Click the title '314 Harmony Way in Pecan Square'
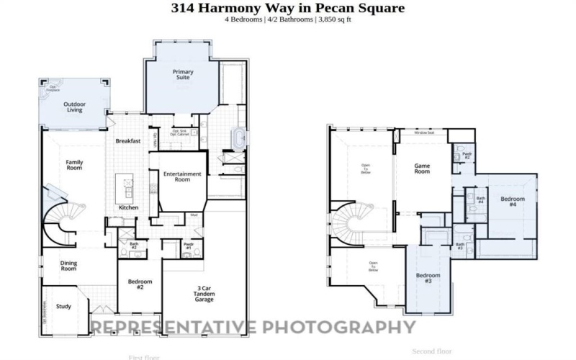pyautogui.click(x=287, y=8)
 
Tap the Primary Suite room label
pyautogui.click(x=183, y=76)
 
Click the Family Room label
pyautogui.click(x=74, y=165)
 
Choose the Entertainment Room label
pyautogui.click(x=176, y=176)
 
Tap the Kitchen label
pyautogui.click(x=129, y=207)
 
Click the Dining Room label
pyautogui.click(x=68, y=266)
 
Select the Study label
pyautogui.click(x=63, y=307)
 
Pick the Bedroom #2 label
pyautogui.click(x=140, y=284)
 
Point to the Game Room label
pyautogui.click(x=422, y=168)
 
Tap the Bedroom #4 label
pyautogui.click(x=512, y=202)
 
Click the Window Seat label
pyautogui.click(x=423, y=133)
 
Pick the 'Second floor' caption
pyautogui.click(x=432, y=351)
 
